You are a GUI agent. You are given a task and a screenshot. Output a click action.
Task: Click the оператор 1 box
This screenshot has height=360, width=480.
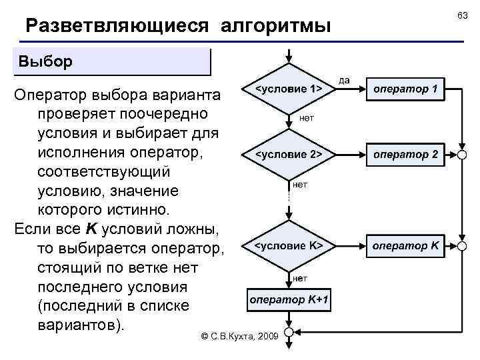(x=405, y=89)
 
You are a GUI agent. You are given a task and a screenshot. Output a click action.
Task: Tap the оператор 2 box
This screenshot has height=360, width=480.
(x=405, y=154)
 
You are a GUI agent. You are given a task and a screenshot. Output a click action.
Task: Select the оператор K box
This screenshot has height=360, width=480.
(x=405, y=245)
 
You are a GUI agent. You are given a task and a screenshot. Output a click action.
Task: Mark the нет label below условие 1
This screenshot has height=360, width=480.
(x=307, y=117)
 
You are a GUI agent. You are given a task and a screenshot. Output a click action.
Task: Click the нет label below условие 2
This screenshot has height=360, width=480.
(x=300, y=184)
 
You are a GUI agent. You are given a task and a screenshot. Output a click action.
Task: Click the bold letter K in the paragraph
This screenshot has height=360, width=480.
(x=92, y=229)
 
